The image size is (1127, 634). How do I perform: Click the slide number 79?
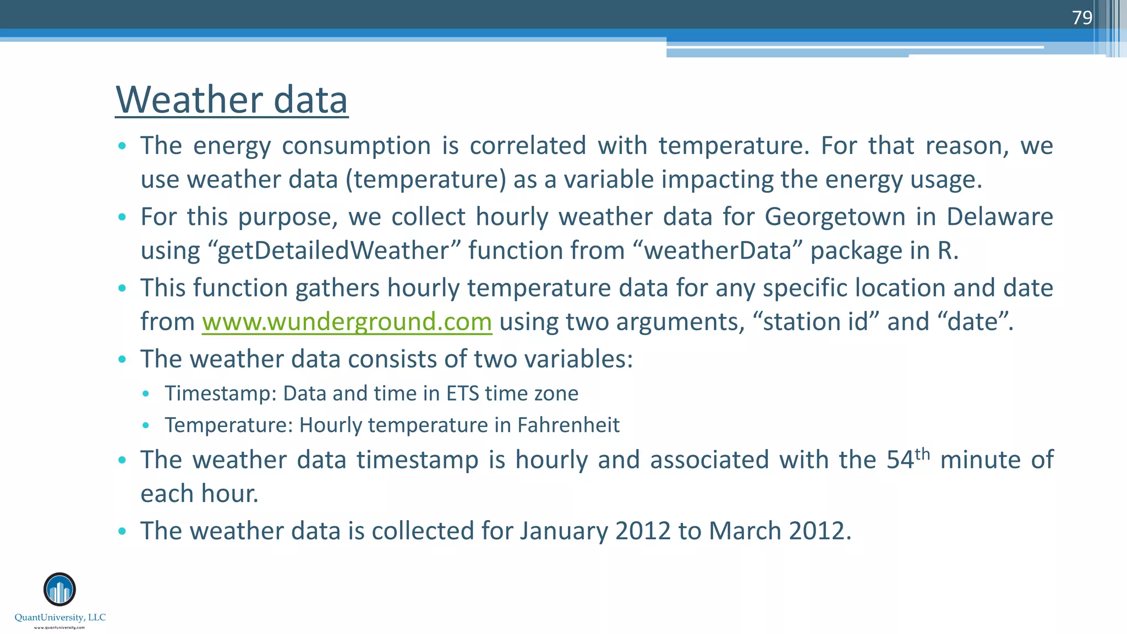pyautogui.click(x=1081, y=18)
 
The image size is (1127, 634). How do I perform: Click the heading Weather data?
pyautogui.click(x=231, y=100)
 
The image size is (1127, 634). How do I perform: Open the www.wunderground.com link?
pyautogui.click(x=347, y=322)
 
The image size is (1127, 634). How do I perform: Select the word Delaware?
pyautogui.click(x=999, y=217)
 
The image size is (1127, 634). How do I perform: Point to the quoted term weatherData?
pyautogui.click(x=718, y=251)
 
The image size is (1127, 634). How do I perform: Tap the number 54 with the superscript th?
pyautogui.click(x=907, y=460)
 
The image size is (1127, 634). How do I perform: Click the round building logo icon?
pyautogui.click(x=59, y=589)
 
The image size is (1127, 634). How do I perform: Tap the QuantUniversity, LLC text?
pyautogui.click(x=60, y=617)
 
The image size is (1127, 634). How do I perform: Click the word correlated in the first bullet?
pyautogui.click(x=528, y=146)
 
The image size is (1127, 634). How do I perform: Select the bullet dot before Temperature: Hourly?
pyautogui.click(x=145, y=425)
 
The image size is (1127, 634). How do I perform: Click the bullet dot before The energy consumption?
pyautogui.click(x=122, y=146)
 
